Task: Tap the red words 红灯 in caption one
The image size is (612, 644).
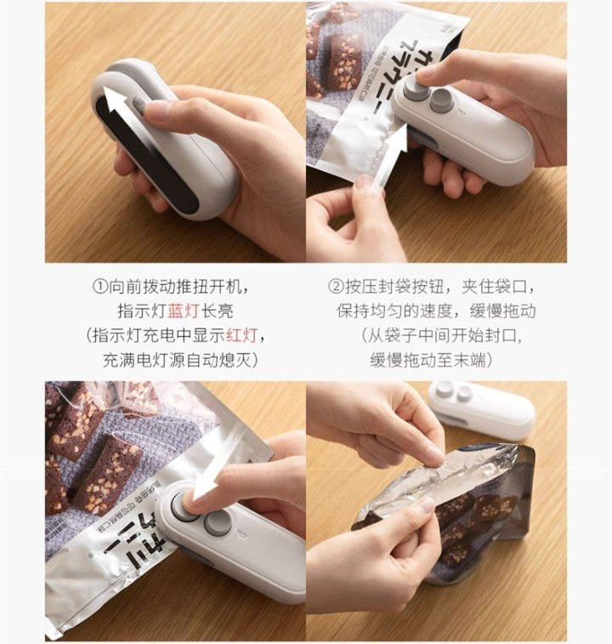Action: click(242, 335)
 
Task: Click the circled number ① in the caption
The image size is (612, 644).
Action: click(99, 286)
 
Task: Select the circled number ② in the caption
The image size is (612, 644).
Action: click(336, 286)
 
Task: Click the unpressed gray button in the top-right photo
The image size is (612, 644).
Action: click(442, 100)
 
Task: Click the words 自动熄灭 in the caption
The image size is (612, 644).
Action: click(218, 360)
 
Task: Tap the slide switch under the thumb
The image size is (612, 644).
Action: click(139, 105)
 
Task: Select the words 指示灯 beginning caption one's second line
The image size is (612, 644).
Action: click(142, 311)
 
